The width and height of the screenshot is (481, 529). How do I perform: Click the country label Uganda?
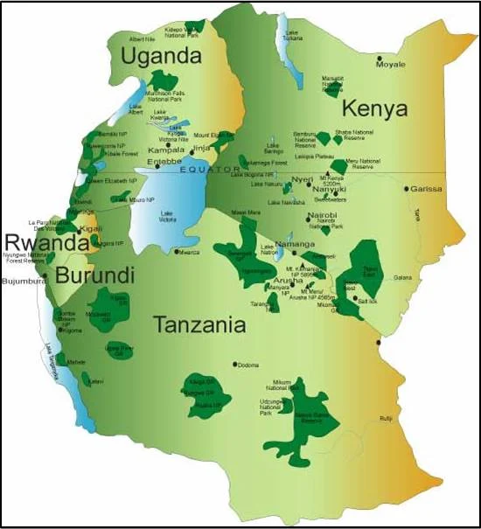[x=161, y=57]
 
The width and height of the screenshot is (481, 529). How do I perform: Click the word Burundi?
[x=95, y=275]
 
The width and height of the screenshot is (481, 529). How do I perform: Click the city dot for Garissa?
[x=406, y=188]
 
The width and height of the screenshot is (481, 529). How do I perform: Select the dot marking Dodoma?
[x=234, y=365]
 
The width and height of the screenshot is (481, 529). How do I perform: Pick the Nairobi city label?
[x=321, y=212]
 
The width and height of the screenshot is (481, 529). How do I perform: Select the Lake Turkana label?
[x=292, y=36]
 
